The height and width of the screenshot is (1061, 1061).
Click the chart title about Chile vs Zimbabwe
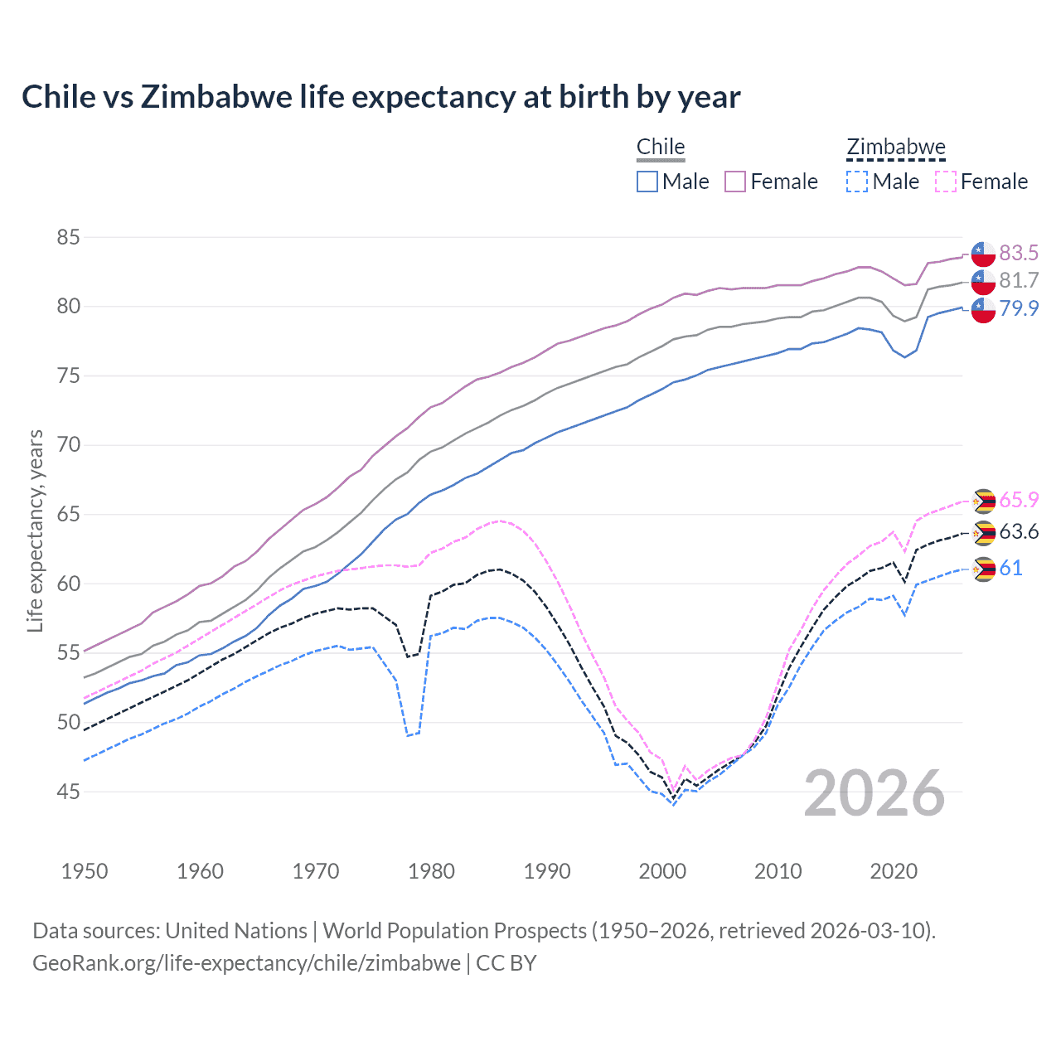tap(380, 97)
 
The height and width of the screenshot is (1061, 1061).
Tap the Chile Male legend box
tap(647, 182)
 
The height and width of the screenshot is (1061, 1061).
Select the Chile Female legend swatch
tap(735, 182)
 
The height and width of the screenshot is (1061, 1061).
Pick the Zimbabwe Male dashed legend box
tap(857, 182)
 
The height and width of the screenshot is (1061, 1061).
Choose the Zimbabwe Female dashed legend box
tap(946, 182)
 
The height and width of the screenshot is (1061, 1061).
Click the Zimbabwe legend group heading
tap(895, 148)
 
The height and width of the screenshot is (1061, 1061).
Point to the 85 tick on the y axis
tap(69, 238)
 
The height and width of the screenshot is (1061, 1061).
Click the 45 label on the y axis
tap(69, 792)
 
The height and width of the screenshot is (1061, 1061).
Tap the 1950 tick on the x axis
tap(85, 871)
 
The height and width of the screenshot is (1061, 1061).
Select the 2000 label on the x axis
tap(662, 871)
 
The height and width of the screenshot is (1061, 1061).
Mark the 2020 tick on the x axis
tap(894, 871)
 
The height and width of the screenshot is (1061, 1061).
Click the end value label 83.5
tap(1019, 253)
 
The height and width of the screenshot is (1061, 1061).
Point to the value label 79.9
tap(1019, 308)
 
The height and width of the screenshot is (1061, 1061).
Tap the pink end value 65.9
tap(1019, 500)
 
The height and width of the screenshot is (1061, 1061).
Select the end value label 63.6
tap(1019, 532)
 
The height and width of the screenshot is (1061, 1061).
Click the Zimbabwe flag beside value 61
tap(983, 569)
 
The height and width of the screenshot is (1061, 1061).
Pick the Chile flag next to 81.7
tap(983, 282)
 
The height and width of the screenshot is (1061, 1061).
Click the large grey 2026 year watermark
tap(874, 793)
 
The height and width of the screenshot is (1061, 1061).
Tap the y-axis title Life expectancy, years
tap(35, 530)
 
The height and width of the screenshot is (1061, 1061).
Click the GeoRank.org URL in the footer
tap(246, 963)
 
